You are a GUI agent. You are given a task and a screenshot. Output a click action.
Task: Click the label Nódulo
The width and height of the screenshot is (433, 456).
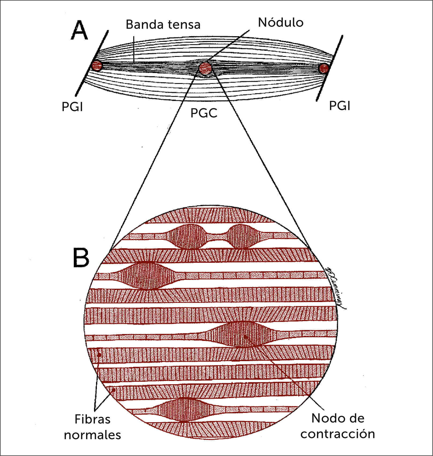[x=280, y=23]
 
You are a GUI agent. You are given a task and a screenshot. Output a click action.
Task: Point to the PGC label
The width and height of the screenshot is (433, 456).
[x=203, y=113]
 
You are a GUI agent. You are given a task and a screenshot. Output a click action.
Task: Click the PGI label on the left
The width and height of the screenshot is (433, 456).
[x=72, y=107]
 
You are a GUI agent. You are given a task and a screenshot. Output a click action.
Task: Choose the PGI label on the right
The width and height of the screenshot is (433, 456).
[x=339, y=106]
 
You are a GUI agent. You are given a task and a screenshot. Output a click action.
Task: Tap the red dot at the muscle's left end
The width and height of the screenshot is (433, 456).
[x=97, y=65]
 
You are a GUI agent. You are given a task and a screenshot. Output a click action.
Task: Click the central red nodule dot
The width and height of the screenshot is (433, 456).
[x=205, y=68]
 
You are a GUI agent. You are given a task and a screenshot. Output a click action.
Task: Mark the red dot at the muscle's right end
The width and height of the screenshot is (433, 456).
[x=324, y=68]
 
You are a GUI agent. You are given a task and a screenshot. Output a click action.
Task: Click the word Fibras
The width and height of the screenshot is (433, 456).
[x=92, y=419]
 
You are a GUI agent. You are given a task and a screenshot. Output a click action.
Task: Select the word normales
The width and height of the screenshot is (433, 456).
[x=92, y=435]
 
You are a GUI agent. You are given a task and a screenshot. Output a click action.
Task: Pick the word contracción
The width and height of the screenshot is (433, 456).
[x=338, y=434]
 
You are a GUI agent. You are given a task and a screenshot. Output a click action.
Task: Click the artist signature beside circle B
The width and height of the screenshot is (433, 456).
[x=335, y=288]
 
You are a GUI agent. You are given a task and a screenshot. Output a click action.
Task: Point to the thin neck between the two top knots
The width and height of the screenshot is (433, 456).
[x=217, y=237]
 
